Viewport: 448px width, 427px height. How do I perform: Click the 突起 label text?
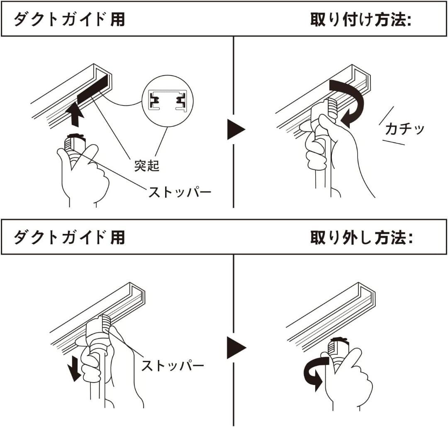(147, 166)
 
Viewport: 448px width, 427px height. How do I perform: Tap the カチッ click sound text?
(404, 129)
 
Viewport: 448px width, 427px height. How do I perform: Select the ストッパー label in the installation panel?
(180, 192)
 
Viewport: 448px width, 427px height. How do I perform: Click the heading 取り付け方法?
(361, 20)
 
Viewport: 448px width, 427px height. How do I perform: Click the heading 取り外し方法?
(362, 238)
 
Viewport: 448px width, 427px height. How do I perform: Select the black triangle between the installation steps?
(236, 130)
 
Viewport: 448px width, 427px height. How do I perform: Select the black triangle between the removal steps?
(236, 348)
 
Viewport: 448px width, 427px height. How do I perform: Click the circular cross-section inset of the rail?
(168, 101)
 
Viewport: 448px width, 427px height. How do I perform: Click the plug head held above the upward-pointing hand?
(75, 142)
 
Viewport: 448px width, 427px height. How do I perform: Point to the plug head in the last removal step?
(338, 346)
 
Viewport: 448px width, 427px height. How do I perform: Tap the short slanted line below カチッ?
(393, 142)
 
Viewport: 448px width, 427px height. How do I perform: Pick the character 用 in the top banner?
(118, 20)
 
